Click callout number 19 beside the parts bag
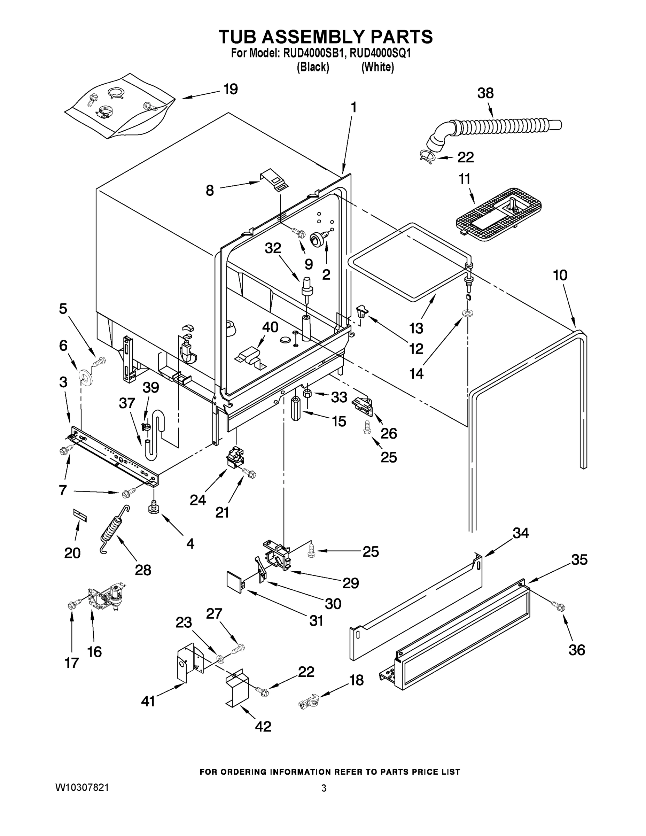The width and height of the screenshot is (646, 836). pyautogui.click(x=231, y=89)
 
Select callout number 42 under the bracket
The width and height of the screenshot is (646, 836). pyautogui.click(x=263, y=726)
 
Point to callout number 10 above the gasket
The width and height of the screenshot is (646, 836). pyautogui.click(x=560, y=275)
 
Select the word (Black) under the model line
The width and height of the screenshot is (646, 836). pyautogui.click(x=313, y=67)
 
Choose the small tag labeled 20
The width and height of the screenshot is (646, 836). pyautogui.click(x=80, y=515)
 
